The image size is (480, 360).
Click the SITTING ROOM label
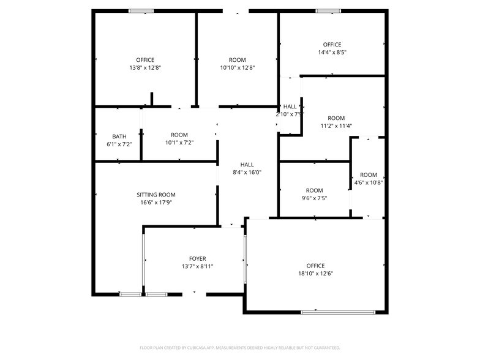tap(156, 195)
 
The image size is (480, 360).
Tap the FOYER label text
tap(197, 258)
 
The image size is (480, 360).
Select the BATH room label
tap(119, 136)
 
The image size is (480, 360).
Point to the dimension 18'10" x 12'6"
tap(315, 273)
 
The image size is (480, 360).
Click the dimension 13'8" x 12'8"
tap(145, 67)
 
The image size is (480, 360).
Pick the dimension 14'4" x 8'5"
tap(332, 52)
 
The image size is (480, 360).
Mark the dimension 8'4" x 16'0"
tap(247, 172)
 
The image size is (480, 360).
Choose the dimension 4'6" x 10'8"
tap(369, 182)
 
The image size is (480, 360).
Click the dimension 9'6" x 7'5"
tap(314, 198)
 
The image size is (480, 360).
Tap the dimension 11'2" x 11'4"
tap(336, 126)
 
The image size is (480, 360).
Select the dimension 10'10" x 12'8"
tap(238, 67)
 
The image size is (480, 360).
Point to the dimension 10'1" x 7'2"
tap(179, 142)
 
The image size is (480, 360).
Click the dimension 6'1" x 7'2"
tap(119, 143)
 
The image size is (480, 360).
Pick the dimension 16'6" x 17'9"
tap(156, 202)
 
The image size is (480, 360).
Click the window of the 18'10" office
tap(337, 313)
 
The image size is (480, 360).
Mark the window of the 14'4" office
tap(328, 10)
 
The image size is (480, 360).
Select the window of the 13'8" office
tap(141, 10)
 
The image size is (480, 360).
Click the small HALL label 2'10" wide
tap(290, 107)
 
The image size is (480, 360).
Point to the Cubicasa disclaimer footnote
tap(240, 347)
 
